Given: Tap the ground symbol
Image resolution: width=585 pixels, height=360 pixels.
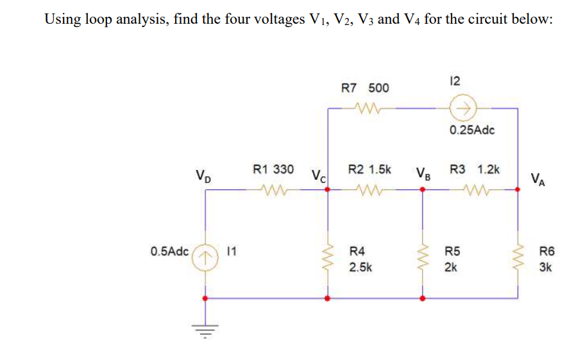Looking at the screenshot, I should [205, 331].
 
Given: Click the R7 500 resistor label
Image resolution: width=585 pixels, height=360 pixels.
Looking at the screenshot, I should [364, 88].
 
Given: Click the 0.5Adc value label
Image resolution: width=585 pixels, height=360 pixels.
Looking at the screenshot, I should [170, 251].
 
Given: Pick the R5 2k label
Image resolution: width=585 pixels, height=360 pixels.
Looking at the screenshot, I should [453, 259].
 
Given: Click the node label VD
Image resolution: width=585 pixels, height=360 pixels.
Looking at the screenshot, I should [203, 175].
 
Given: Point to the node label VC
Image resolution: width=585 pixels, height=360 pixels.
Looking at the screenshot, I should [319, 175].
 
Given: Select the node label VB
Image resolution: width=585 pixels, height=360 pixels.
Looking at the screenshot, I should [423, 173].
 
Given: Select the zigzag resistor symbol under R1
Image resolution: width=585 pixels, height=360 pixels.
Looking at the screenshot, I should [273, 190].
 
